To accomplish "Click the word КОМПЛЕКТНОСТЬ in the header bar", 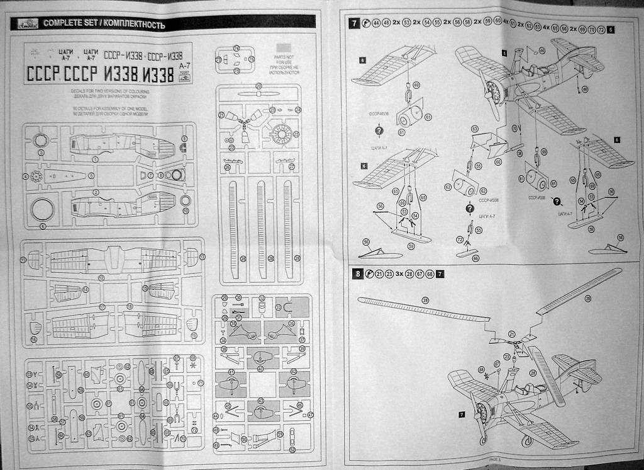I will [x=134, y=25].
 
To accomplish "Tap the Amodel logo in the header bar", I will [x=25, y=24].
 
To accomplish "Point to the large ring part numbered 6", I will [x=43, y=209].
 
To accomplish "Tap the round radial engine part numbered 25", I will [x=281, y=133].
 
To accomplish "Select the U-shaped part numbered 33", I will [x=286, y=307].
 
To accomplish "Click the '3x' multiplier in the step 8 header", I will [x=398, y=274].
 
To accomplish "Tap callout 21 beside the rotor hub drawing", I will [x=511, y=334].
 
